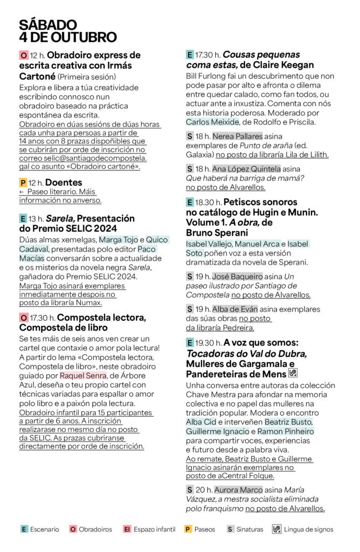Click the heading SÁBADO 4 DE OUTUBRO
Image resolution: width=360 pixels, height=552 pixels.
pyautogui.click(x=68, y=31)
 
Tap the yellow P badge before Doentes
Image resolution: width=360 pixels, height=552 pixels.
pyautogui.click(x=23, y=183)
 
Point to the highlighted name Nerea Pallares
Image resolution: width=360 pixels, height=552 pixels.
pyautogui.click(x=237, y=136)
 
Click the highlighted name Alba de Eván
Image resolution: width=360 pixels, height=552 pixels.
pyautogui.click(x=235, y=309)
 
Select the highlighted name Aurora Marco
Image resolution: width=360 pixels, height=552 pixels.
pyautogui.click(x=238, y=490)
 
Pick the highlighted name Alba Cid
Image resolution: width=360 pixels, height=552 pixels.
pyautogui.click(x=200, y=422)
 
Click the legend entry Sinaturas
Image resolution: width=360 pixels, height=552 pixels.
pyautogui.click(x=245, y=529)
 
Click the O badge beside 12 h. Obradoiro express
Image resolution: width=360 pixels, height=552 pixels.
pyautogui.click(x=23, y=56)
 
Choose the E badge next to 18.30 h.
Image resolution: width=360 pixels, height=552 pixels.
pyautogui.click(x=190, y=203)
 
